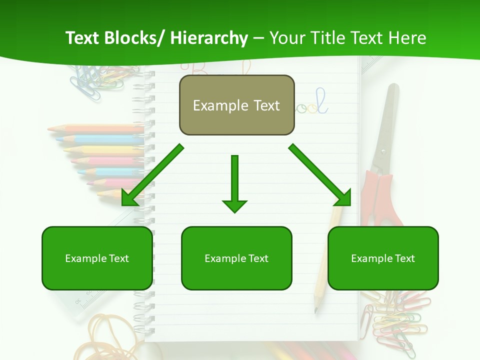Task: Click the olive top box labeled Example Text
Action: (x=236, y=105)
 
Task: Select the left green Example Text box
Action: (x=97, y=258)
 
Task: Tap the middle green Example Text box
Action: (x=236, y=258)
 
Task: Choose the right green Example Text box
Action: (x=383, y=258)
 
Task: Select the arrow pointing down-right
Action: (x=320, y=175)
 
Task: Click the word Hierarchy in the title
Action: (x=209, y=38)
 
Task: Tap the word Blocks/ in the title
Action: (x=132, y=38)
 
